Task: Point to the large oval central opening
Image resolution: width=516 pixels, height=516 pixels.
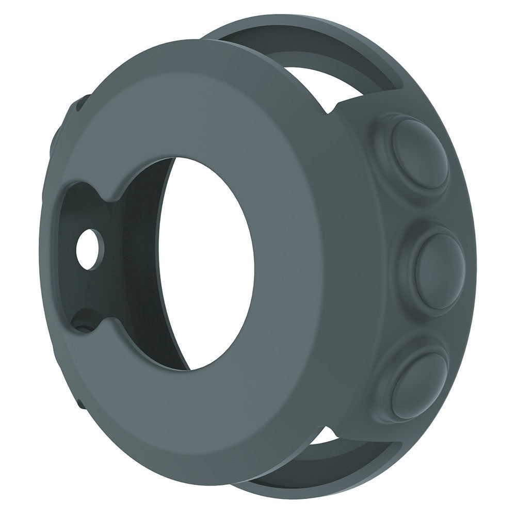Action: [206, 263]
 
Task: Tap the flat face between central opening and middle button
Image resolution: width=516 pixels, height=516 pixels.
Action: [320, 268]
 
